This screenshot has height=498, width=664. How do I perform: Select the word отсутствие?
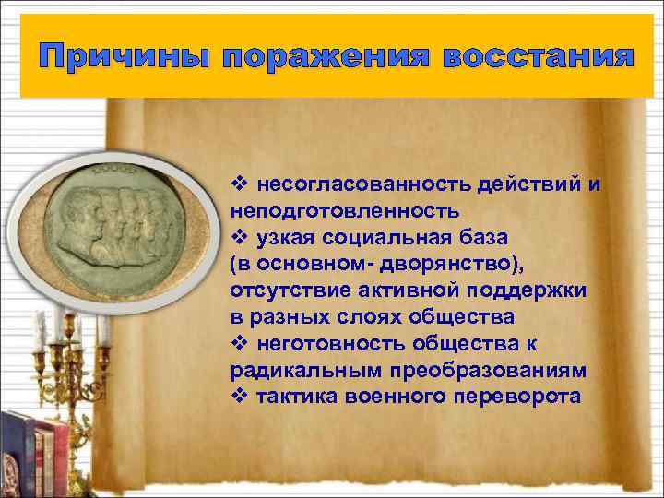[283, 290]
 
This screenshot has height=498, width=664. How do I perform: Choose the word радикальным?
[296, 370]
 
